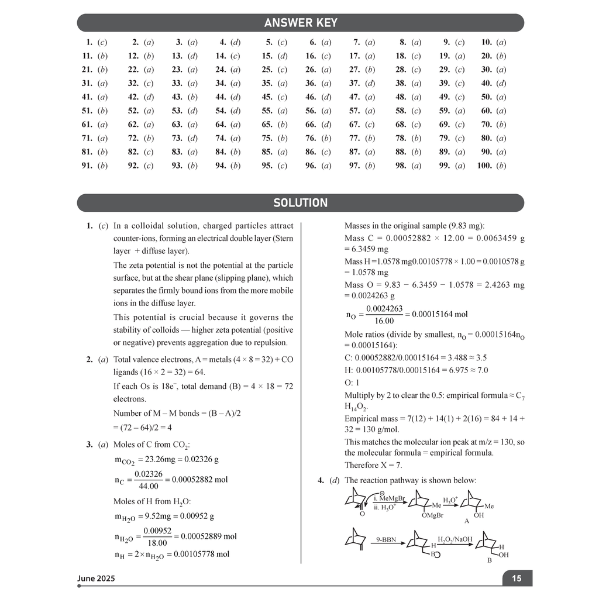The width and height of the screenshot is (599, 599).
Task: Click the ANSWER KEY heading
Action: (x=300, y=23)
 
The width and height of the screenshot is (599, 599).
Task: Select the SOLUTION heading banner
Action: (x=300, y=203)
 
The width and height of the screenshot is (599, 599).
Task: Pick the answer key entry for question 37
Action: (x=363, y=83)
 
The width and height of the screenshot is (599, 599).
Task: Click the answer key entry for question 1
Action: (x=97, y=42)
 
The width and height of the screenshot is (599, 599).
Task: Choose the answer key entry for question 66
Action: (x=318, y=125)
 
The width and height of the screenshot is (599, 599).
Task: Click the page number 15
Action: (x=517, y=579)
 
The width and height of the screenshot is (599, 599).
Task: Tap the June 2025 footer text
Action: (x=96, y=579)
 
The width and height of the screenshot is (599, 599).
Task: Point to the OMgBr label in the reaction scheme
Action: (x=432, y=515)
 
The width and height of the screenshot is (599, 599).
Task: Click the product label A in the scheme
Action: (x=467, y=520)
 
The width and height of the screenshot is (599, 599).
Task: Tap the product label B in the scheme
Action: (x=489, y=560)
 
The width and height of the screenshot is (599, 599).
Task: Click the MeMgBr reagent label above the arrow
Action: (x=390, y=499)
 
